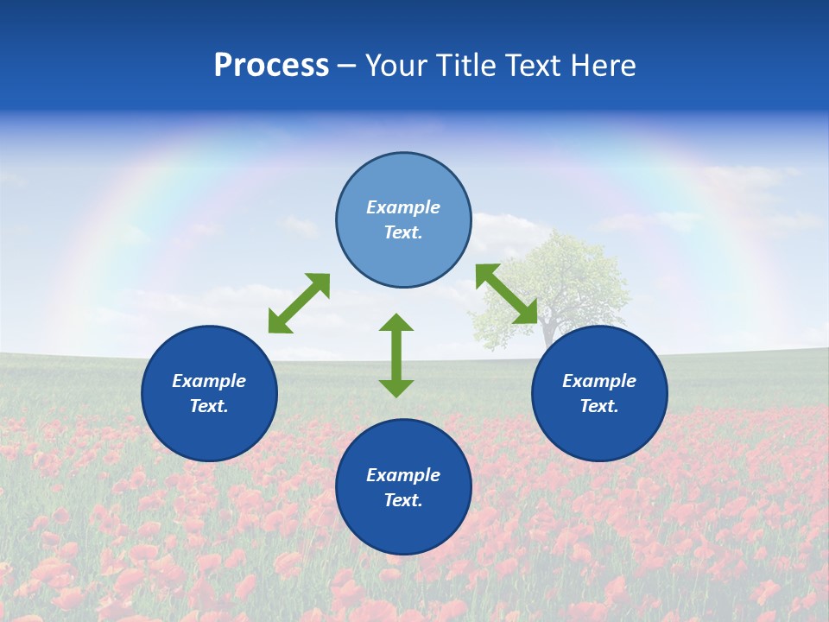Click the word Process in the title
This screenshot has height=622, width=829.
click(271, 66)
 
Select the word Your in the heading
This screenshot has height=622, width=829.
click(396, 66)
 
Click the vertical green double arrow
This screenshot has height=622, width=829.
click(396, 355)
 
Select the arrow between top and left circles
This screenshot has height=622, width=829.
click(299, 303)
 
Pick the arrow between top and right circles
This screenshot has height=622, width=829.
click(507, 294)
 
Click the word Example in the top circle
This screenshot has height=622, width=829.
click(403, 207)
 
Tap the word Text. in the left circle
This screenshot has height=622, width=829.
click(209, 406)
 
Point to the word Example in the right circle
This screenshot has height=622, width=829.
click(599, 381)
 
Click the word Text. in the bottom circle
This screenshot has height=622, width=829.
click(403, 500)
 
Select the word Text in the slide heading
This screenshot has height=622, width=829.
click(532, 66)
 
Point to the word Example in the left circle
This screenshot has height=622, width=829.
click(209, 381)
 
